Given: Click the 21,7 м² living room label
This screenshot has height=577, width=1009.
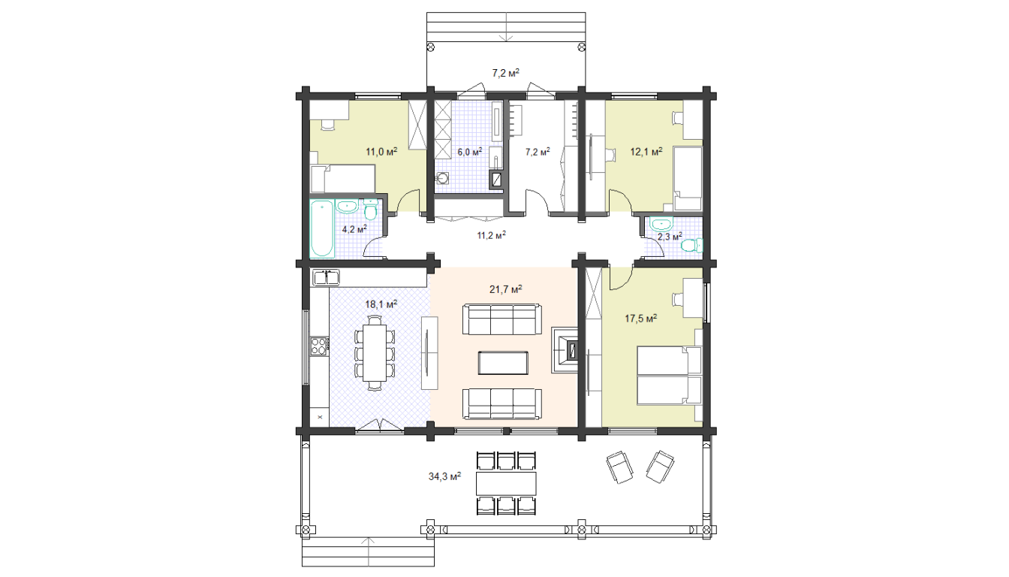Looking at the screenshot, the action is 505,289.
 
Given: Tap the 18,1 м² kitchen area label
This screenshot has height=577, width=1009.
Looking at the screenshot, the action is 381,304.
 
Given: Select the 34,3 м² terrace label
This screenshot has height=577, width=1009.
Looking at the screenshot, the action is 444,476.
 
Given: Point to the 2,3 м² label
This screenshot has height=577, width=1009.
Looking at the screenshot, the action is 670,236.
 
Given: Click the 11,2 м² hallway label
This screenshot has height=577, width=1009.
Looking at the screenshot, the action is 492,235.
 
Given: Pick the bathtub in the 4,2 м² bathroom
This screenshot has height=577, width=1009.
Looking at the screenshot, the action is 321,229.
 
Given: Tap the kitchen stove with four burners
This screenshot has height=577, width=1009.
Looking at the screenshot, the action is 318,346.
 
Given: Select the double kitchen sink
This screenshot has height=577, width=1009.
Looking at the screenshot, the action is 326,278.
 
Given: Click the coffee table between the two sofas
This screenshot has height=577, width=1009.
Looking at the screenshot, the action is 503,363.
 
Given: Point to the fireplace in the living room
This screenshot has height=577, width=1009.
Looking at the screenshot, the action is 565,350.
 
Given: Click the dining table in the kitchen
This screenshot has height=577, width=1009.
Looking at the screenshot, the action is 375,353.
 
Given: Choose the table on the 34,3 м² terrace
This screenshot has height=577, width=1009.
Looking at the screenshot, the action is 506,483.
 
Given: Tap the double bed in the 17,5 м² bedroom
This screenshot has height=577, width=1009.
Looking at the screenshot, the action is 670,375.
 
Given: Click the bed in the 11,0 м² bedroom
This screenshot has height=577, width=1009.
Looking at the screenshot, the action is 343,179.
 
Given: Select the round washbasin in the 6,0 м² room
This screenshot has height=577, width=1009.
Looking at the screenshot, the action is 442,179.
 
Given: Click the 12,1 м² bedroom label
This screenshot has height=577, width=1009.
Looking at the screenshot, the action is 646,152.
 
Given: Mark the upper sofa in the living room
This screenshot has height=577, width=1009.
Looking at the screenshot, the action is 502,319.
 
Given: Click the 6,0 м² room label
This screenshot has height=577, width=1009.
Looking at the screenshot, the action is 470,152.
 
